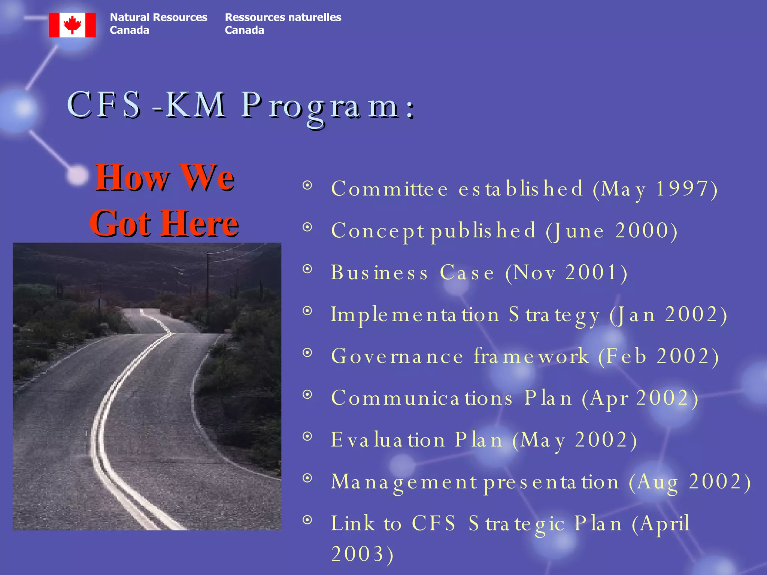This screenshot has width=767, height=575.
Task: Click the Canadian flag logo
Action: pos(72,25)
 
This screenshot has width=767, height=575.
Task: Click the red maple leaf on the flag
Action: pos(72,25)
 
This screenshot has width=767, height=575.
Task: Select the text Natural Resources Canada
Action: pos(158,24)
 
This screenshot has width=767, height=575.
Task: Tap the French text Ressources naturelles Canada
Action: pos(283,24)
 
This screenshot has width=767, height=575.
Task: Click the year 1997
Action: pos(682,188)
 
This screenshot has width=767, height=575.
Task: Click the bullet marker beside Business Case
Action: pos(307,269)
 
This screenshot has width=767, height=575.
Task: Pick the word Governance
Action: pos(397,356)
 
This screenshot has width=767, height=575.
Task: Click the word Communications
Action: pos(422,398)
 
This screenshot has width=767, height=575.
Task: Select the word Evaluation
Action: pos(388,440)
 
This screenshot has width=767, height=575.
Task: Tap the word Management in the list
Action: pos(404,482)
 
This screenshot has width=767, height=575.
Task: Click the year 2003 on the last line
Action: pos(358,554)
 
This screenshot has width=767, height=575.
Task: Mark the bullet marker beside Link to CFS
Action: pos(307,520)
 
